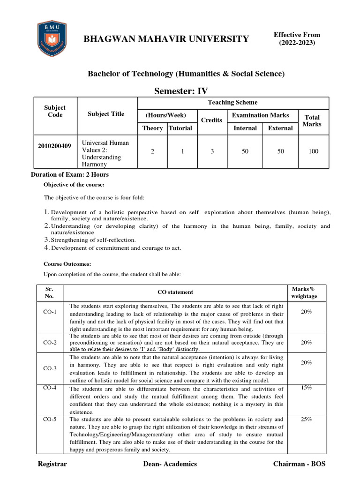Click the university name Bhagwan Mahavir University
[x=166, y=39]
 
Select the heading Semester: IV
[x=181, y=90]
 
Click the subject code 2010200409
[x=54, y=146]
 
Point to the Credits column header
[x=211, y=120]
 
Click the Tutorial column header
[x=180, y=128]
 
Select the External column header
[x=280, y=128]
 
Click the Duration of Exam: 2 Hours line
[x=70, y=175]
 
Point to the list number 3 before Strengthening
[x=47, y=240]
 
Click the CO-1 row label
[x=50, y=312]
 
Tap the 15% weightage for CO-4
[x=306, y=388]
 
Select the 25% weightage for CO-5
[x=306, y=419]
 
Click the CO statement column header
[x=175, y=292]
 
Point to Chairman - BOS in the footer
[x=299, y=464]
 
